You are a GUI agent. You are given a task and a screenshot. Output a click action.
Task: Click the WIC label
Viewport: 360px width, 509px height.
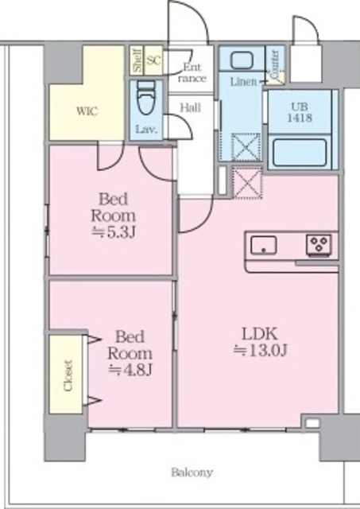click(x=87, y=111)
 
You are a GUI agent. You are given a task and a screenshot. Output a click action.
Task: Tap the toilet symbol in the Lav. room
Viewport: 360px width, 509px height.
click(x=146, y=97)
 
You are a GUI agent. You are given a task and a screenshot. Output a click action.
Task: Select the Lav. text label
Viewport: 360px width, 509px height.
click(x=146, y=130)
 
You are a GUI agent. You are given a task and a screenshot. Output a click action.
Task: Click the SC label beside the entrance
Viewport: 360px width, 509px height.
click(x=153, y=60)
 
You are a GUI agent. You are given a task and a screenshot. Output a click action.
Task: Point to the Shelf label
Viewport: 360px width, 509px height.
click(x=137, y=60)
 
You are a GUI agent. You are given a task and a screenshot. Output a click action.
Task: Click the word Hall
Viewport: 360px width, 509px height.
click(x=191, y=107)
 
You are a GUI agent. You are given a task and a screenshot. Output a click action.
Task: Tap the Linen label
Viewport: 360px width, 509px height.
click(x=243, y=81)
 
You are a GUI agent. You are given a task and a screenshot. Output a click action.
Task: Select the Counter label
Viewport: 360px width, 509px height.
click(x=275, y=64)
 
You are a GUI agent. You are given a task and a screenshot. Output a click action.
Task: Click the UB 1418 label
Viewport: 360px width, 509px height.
click(x=300, y=112)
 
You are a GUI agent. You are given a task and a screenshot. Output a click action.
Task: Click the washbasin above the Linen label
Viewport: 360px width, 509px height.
click(x=242, y=60)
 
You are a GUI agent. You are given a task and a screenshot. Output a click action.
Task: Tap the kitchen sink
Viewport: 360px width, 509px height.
click(x=264, y=246)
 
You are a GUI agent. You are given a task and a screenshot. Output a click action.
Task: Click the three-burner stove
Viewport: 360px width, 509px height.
click(x=319, y=244)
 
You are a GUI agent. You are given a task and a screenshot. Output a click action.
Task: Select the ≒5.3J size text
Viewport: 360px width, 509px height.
click(x=113, y=232)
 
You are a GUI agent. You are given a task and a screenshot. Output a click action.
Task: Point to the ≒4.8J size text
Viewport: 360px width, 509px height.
click(x=130, y=370)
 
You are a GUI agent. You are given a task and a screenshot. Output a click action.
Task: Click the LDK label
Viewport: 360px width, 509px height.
click(x=261, y=334)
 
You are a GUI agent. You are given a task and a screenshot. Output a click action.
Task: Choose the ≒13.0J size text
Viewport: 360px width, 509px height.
click(x=261, y=350)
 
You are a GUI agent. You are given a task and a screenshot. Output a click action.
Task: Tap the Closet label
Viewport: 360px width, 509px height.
click(x=68, y=375)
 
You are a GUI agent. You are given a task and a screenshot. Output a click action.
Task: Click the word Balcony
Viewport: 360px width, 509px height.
click(x=192, y=472)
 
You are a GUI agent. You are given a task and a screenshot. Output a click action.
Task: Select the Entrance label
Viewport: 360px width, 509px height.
click(x=192, y=72)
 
